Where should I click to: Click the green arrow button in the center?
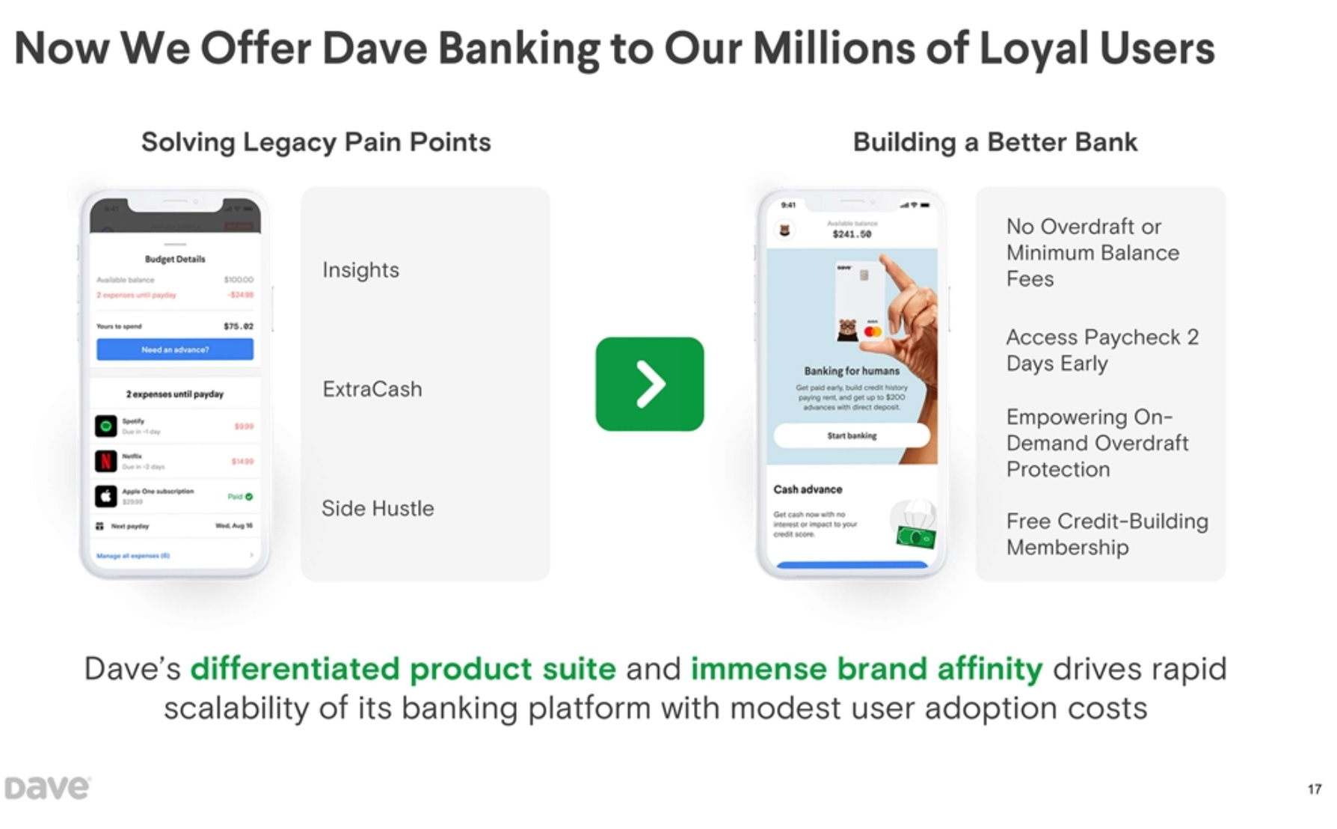(x=649, y=384)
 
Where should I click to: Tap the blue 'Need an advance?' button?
(x=175, y=349)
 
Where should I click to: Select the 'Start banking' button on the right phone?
(x=852, y=435)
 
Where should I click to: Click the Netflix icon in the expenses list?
(x=106, y=461)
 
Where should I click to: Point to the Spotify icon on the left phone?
(x=106, y=426)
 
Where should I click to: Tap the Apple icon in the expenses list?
(x=106, y=496)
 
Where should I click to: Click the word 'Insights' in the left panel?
(x=360, y=270)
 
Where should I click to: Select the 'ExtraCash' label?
(x=372, y=389)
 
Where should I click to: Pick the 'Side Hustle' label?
(x=378, y=509)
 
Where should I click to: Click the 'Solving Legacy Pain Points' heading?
(x=316, y=142)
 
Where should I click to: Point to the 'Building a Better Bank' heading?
(x=995, y=142)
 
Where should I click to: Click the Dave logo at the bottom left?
(x=47, y=788)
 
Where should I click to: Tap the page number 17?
(x=1314, y=789)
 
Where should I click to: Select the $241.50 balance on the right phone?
(x=852, y=234)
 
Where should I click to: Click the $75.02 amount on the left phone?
(x=239, y=326)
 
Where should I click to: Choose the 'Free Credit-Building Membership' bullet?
(x=1107, y=534)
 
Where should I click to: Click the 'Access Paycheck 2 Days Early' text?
(x=1102, y=350)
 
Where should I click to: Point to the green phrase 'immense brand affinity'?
(x=866, y=669)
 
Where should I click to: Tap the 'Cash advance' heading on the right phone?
(x=808, y=489)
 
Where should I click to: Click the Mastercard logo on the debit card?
(x=873, y=331)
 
